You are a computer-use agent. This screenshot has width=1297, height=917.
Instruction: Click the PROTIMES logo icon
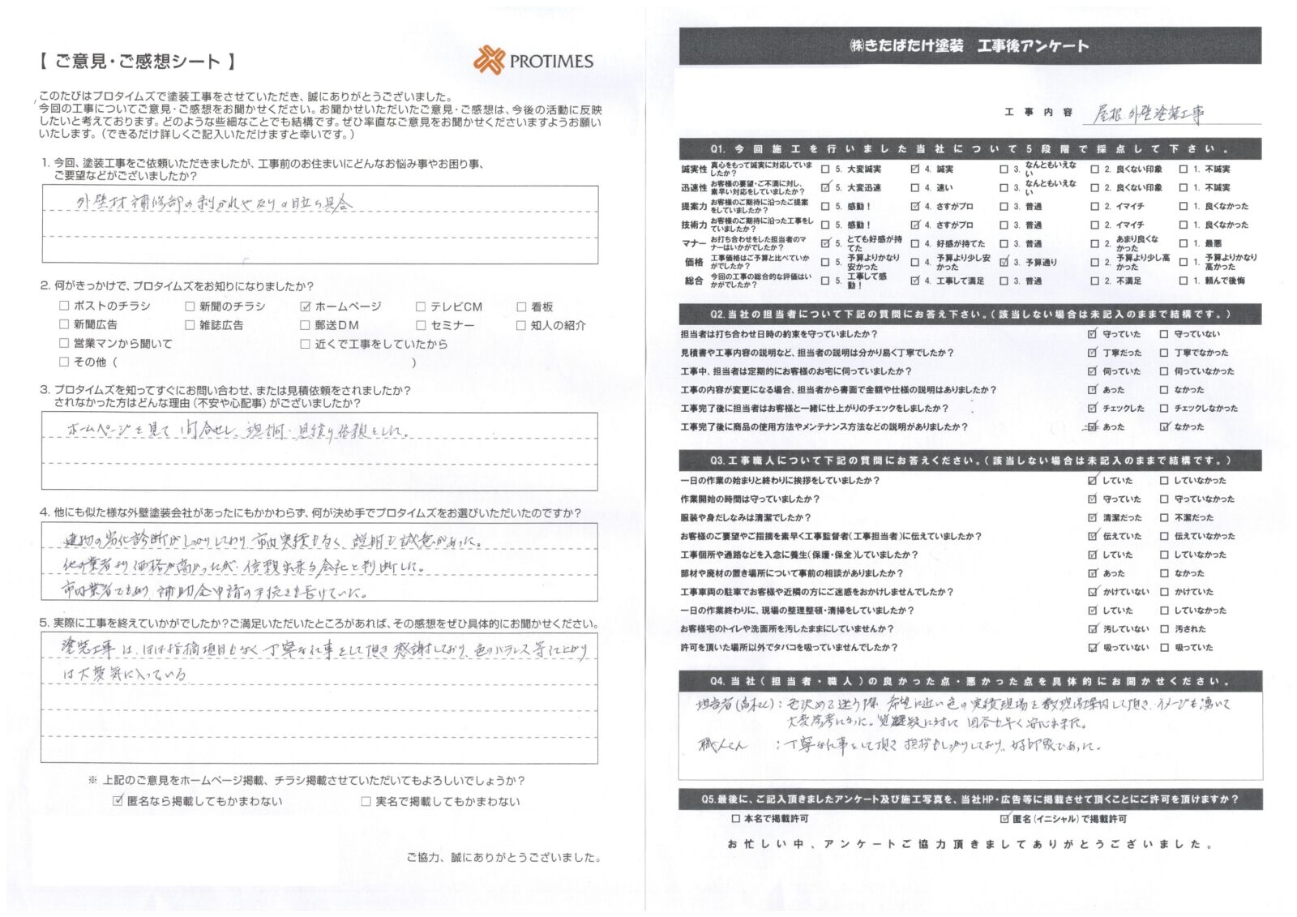(489, 61)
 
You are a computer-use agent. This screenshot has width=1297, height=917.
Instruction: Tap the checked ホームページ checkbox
(306, 306)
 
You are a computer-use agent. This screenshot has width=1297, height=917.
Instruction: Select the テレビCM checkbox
(421, 306)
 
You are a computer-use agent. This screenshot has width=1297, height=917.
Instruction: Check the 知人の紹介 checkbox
(521, 325)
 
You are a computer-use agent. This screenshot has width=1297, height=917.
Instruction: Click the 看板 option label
(541, 306)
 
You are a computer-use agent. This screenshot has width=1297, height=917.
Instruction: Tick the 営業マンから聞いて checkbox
(64, 344)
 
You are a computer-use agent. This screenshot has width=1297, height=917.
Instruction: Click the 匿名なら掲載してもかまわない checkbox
(118, 801)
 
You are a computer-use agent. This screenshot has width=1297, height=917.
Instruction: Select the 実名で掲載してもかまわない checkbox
(366, 801)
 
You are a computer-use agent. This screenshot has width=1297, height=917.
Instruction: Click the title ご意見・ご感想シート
(138, 62)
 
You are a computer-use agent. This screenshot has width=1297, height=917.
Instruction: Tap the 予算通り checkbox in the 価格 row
(1004, 263)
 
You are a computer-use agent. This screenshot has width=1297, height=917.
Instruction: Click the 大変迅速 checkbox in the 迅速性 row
(825, 188)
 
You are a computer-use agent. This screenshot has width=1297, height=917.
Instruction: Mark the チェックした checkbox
(1092, 409)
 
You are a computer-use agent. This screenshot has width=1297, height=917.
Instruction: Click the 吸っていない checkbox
(1092, 648)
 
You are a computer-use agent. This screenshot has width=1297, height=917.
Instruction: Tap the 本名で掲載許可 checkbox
(735, 819)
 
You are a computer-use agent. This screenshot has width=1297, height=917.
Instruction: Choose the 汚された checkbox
(1164, 629)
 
